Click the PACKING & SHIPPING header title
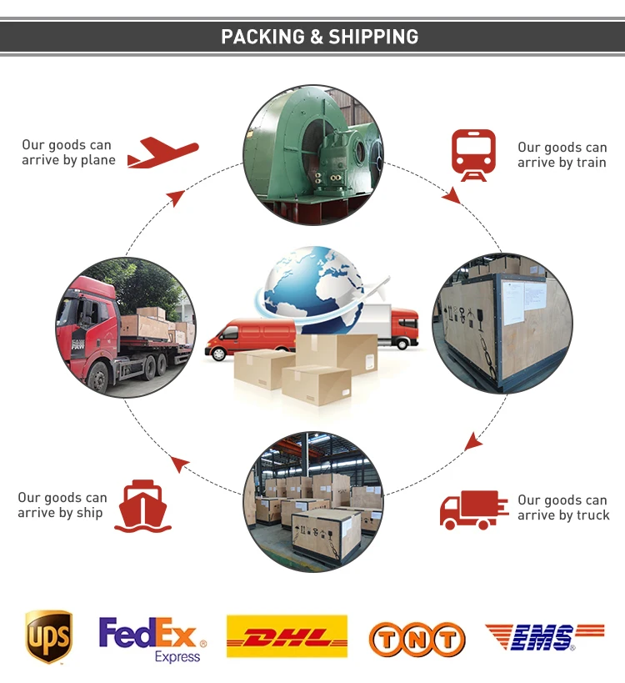point(319,37)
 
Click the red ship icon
point(142,505)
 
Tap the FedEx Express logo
point(151,639)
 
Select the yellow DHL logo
point(287,636)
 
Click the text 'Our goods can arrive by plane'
point(68,153)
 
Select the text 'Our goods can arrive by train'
point(562,154)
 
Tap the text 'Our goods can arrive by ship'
point(62,505)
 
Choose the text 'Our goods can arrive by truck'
point(563,507)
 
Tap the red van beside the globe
point(250,338)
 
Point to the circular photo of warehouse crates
point(313,501)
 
